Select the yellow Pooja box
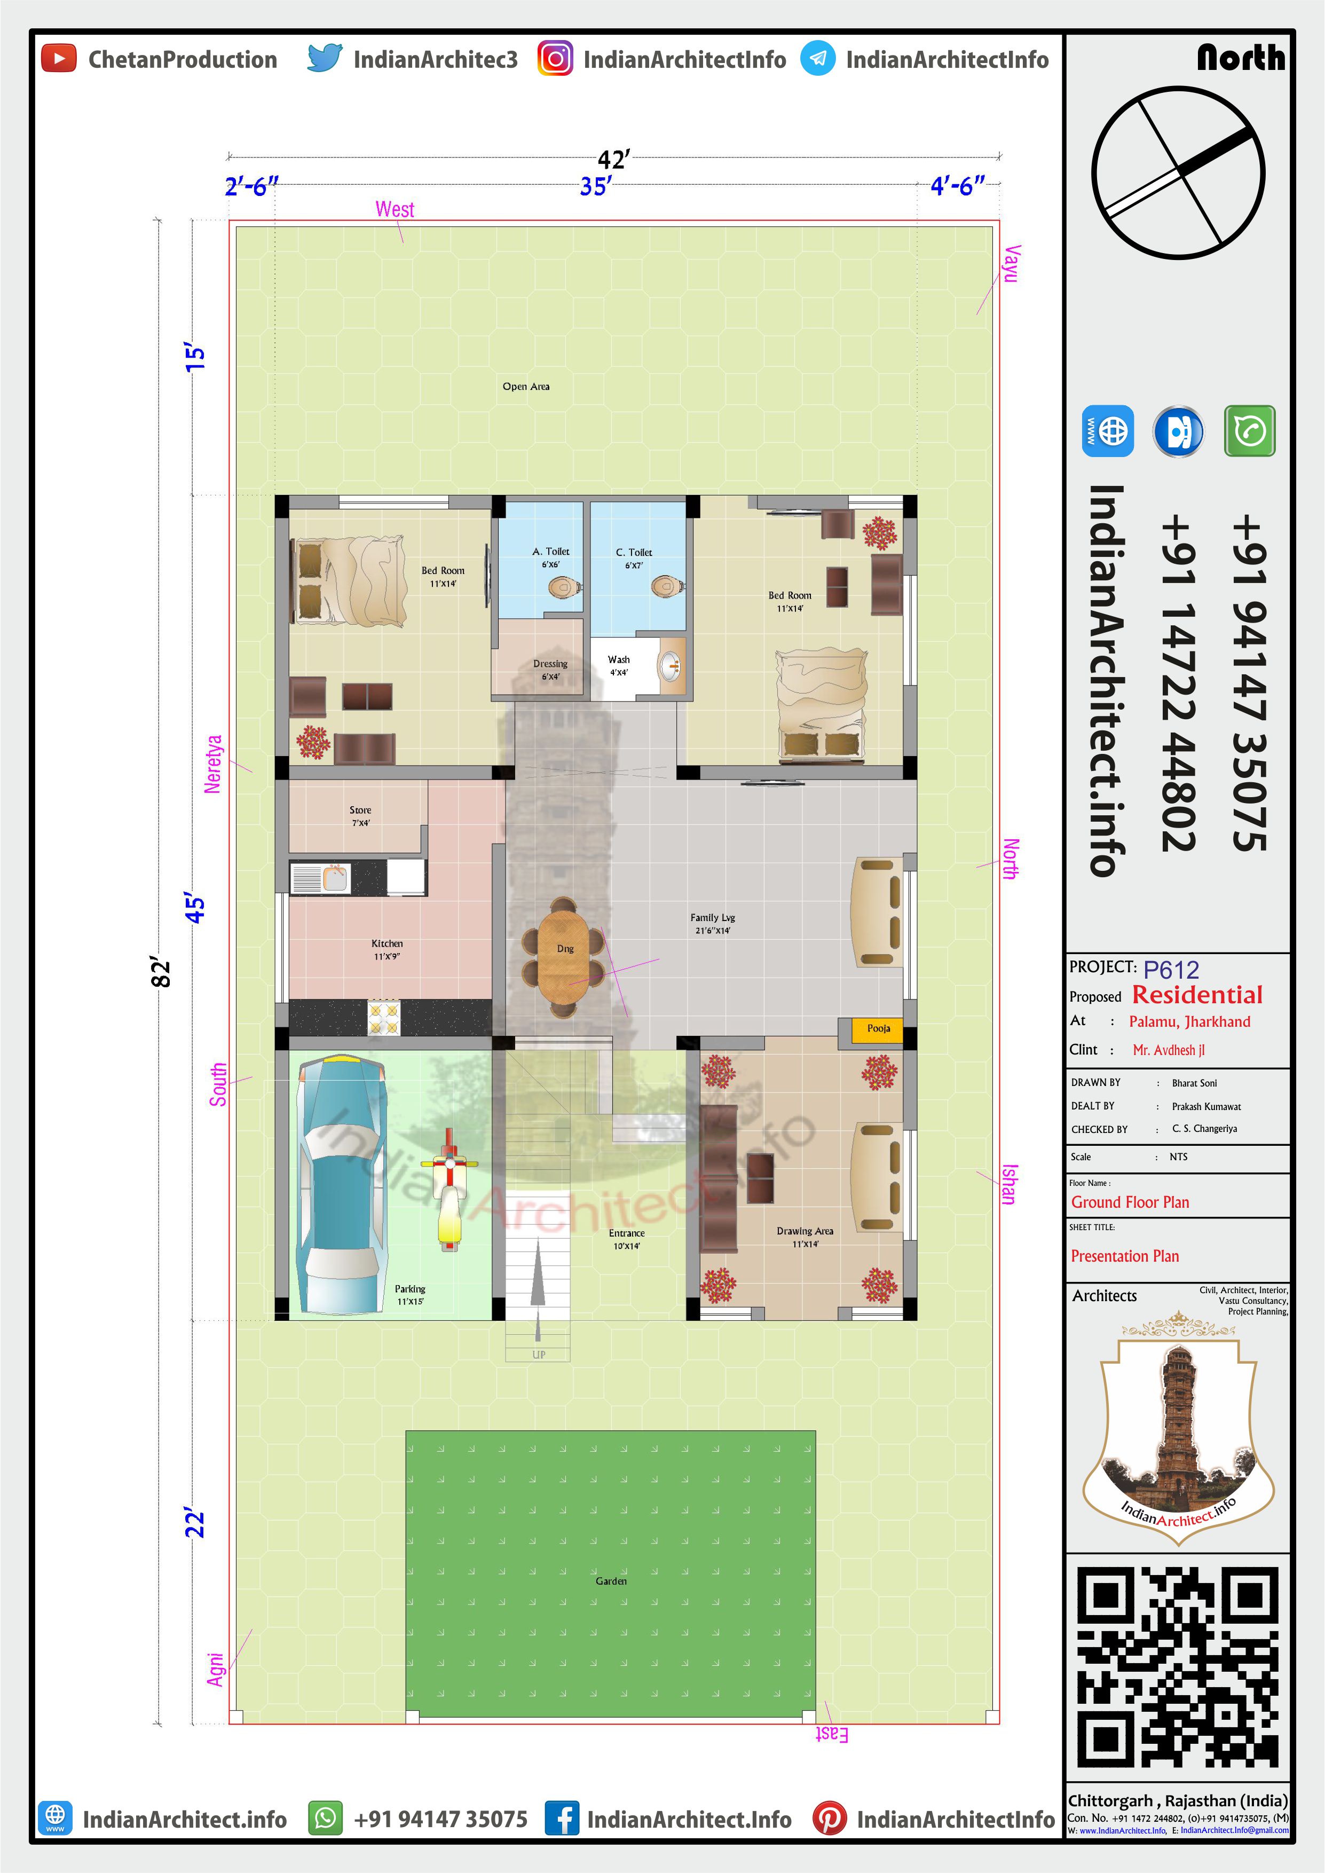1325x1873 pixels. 878,1029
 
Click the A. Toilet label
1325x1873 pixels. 551,552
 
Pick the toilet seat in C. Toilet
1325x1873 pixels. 667,586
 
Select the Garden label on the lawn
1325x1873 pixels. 611,1581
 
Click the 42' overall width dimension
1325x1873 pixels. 613,159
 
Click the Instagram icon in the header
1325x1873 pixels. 555,59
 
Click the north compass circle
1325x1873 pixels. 1178,173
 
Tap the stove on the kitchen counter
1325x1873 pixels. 383,1018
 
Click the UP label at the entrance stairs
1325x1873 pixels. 539,1354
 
